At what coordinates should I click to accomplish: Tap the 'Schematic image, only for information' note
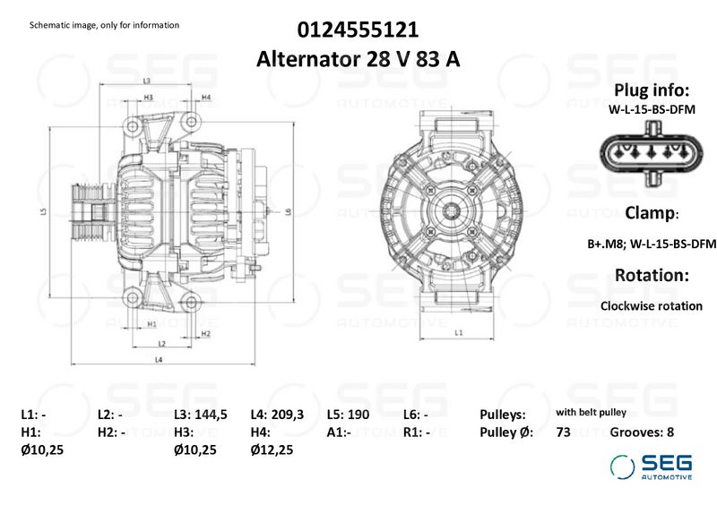(x=104, y=25)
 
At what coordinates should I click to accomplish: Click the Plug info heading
(x=651, y=90)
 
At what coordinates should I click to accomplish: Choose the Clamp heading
(x=650, y=213)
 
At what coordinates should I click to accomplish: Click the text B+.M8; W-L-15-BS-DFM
(x=651, y=244)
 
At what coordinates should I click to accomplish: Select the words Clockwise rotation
(x=651, y=305)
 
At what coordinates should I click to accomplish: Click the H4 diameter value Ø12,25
(x=272, y=450)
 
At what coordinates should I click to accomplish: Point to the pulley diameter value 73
(x=563, y=432)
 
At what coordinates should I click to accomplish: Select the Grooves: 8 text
(x=642, y=432)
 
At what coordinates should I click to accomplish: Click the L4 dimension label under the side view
(x=158, y=360)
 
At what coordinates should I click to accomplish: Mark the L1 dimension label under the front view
(x=459, y=332)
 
